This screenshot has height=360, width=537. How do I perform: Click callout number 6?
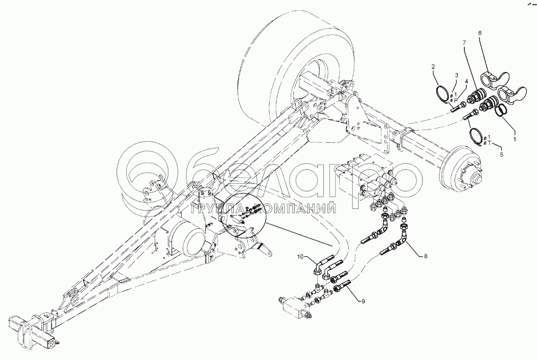[x=480, y=33]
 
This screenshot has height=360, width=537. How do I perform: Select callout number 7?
[x=464, y=43]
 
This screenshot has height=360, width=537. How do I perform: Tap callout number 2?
[x=433, y=66]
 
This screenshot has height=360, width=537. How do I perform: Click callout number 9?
[x=363, y=301]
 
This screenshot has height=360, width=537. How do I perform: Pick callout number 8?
[x=425, y=256]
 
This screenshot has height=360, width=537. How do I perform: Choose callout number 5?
[x=502, y=155]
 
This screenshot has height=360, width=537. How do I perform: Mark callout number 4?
[x=466, y=81]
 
